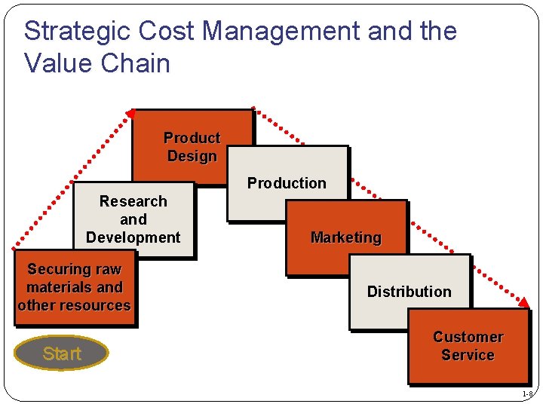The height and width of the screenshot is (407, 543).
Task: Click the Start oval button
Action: point(62,353)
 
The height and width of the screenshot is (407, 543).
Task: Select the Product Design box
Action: point(192,146)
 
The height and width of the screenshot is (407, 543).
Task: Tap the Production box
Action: point(287,183)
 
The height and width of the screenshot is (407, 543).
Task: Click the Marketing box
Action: point(346,237)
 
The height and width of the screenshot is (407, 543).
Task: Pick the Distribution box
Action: point(409,292)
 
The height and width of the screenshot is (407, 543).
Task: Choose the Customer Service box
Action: point(468,346)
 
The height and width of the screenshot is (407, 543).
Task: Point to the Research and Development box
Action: point(133,219)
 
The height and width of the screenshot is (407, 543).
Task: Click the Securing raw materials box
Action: point(74,287)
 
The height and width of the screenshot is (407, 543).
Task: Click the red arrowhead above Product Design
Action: point(130,114)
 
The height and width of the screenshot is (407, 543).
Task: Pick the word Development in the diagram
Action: point(133,237)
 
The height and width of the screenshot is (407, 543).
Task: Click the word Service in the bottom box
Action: point(468,355)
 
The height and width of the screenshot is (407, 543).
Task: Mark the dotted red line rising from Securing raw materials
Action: point(72,181)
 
